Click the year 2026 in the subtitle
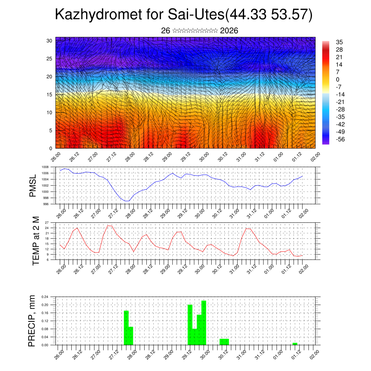229,31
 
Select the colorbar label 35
339,42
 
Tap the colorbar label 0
338,79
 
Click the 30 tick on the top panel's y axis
49,41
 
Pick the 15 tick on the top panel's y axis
49,95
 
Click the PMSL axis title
33,185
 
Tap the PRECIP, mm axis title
33,321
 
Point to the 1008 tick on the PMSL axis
45,167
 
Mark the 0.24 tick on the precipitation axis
45,297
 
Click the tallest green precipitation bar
204,322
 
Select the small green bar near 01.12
295,343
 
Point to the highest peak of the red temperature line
109,226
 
